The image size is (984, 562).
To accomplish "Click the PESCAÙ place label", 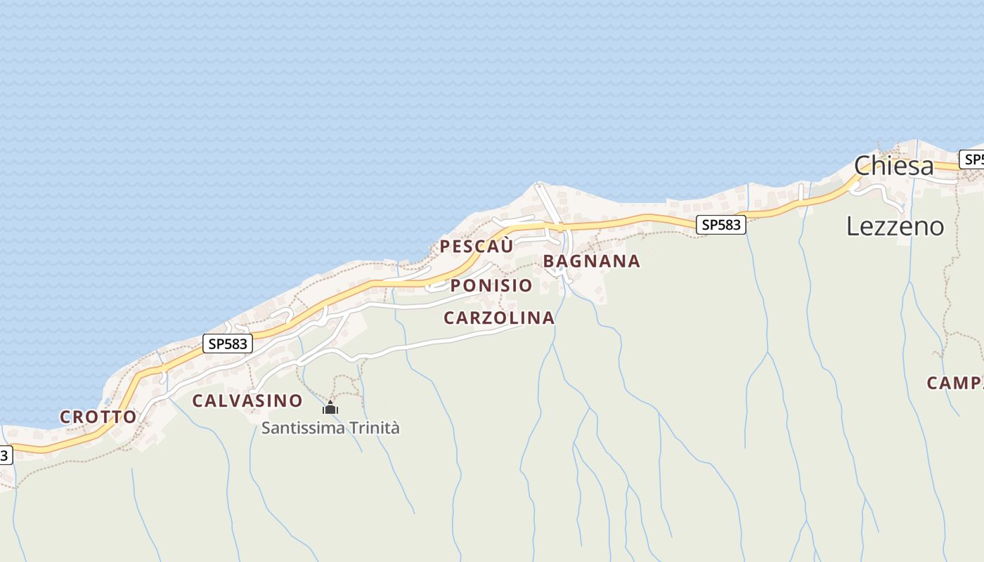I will pos(477,247).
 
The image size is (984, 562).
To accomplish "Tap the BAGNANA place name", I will pos(591,261).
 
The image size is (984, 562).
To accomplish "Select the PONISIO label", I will pos(491,286).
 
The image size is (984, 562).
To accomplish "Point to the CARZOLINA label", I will pos(499,318).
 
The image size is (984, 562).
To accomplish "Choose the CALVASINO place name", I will pos(247,401).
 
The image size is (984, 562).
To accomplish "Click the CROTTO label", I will pos(98,417).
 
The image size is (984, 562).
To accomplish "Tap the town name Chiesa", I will pos(894,166).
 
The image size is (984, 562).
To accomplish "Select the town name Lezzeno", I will pos(895,226).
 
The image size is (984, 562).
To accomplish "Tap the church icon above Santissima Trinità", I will pos(330,408).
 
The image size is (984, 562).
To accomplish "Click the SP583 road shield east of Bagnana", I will pos(721,225).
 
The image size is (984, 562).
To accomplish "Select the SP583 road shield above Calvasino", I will pos(228,344).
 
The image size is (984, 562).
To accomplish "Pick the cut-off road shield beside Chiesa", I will pos(973,159).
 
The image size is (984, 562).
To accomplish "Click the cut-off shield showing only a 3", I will pos(5,455).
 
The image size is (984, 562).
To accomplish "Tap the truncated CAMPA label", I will pos(955,384).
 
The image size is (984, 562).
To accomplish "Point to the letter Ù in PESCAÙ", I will pos(506,247).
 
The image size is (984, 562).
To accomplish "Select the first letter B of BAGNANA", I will pos(549,261).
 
